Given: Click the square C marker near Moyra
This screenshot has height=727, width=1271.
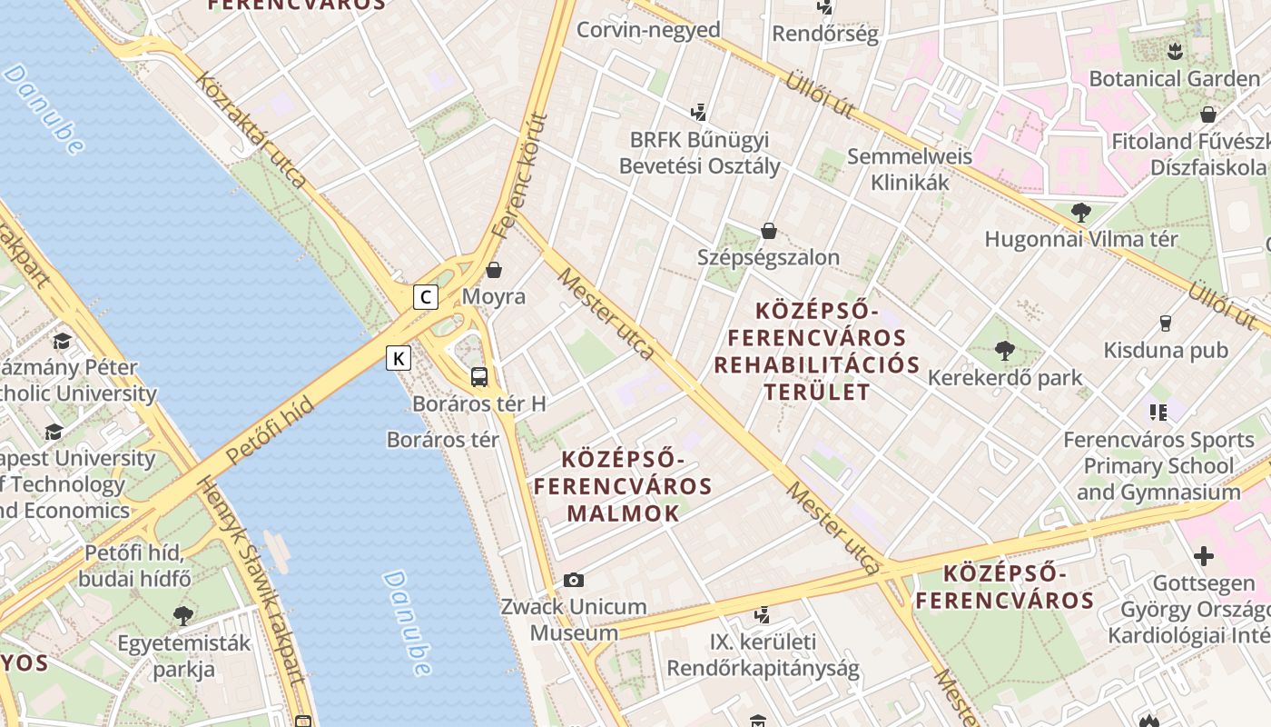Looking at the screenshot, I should (425, 296).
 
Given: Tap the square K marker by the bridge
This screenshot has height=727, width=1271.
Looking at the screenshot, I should (398, 358).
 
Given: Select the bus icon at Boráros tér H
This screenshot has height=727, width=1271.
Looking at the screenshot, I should (478, 376).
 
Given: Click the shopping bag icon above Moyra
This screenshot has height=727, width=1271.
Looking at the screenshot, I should (494, 270).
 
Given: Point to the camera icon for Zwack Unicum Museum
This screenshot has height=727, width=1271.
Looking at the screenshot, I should (573, 580).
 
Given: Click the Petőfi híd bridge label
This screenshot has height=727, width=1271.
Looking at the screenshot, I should (270, 432).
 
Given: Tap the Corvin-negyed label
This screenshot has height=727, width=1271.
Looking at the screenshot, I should (648, 30).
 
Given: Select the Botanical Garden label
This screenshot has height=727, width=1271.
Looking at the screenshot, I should (1174, 78).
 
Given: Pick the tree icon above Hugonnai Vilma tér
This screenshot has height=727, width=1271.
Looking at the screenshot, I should (1080, 213).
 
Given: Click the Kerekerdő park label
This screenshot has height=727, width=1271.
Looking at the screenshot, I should (1005, 377).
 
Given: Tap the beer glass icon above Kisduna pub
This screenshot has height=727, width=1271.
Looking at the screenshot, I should (1166, 323).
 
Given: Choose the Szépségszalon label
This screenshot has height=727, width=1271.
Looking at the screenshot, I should (768, 257).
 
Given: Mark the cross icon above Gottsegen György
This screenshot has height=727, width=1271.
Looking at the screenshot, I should (1203, 555).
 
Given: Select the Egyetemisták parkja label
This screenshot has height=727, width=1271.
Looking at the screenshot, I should (183, 656).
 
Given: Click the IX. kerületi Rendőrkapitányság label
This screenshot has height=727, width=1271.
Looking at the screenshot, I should (763, 655).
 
